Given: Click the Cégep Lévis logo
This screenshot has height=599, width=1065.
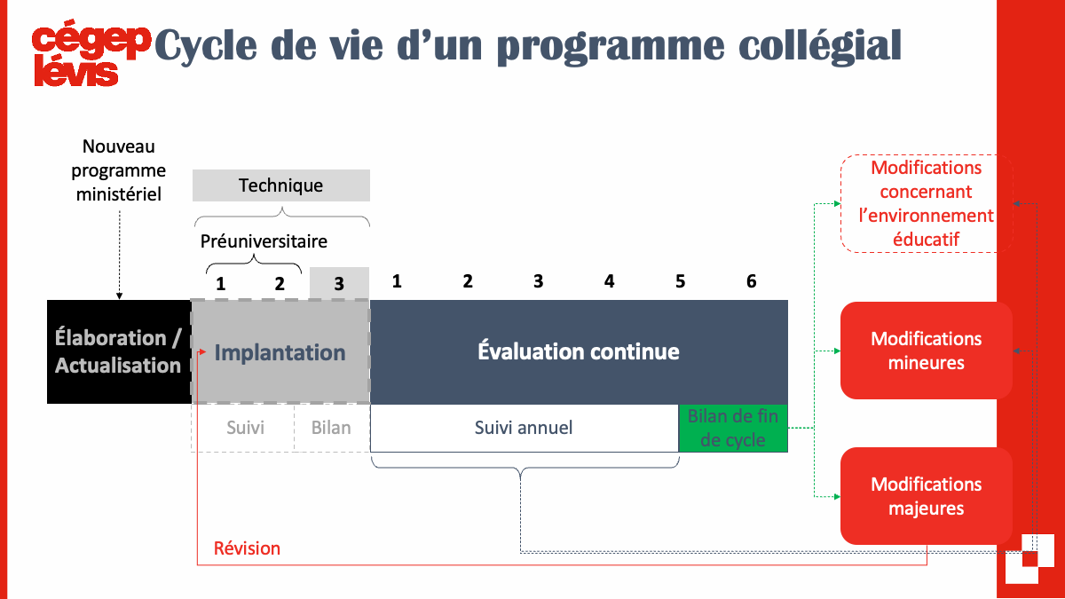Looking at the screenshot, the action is point(91,53).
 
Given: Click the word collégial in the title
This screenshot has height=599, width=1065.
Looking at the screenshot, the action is point(820,46).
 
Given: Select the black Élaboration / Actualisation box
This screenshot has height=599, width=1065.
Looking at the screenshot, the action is point(119,351).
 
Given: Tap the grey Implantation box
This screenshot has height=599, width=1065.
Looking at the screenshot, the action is point(280,351).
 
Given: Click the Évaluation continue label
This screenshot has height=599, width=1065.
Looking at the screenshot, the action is point(579,351).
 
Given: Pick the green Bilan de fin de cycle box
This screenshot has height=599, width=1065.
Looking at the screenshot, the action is point(733,428).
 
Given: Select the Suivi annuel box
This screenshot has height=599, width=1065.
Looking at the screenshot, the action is point(524,428).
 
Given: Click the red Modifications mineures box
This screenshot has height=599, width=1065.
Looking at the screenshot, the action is point(927,351).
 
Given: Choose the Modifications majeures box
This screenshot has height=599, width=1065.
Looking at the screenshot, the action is point(927,496).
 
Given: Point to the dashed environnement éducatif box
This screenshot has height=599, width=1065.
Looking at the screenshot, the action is point(927,203).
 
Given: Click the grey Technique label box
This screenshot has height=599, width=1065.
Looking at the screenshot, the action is point(281,185).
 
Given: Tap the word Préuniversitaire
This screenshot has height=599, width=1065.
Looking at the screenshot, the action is point(264,241).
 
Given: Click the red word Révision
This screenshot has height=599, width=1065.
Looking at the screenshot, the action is point(247,548).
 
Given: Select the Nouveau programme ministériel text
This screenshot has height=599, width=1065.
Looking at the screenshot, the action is point(118,170).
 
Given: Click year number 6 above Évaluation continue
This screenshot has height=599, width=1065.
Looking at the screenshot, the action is point(751,281).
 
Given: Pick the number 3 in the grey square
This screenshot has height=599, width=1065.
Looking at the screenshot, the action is point(338,284).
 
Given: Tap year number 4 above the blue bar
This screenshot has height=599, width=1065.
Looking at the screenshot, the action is point(609,281).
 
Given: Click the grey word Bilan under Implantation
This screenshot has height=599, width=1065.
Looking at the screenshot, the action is point(331,428).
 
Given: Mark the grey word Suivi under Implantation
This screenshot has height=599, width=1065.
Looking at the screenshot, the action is point(245,428).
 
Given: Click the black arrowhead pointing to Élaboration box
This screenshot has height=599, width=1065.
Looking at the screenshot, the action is point(119,296).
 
